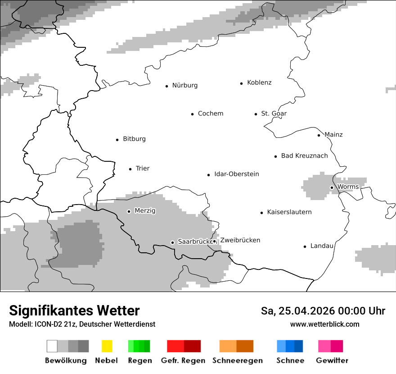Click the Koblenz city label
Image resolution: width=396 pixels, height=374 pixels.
(259, 83)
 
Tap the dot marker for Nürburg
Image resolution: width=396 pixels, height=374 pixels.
(166, 86)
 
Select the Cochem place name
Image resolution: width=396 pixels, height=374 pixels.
(210, 114)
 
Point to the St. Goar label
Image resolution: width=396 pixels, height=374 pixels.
(274, 114)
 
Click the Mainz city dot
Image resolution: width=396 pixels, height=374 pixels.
(319, 135)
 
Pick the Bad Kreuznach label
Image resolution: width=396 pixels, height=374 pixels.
(304, 156)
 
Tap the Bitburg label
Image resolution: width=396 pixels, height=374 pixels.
(134, 139)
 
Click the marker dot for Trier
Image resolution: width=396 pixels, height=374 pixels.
(130, 169)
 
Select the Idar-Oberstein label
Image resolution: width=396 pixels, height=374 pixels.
(236, 174)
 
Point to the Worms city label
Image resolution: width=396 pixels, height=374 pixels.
(348, 187)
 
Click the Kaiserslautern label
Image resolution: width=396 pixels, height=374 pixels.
(289, 212)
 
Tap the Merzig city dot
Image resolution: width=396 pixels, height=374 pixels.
(129, 211)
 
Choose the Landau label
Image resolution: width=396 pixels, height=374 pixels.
(322, 246)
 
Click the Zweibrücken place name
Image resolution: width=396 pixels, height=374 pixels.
(240, 241)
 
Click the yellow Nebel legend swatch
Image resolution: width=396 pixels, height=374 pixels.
(107, 346)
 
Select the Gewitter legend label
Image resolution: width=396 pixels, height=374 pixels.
(332, 360)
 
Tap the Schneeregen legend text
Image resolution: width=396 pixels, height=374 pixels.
(237, 360)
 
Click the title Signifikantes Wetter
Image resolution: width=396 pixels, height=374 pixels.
(74, 311)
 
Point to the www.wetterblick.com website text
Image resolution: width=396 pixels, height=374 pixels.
(324, 324)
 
